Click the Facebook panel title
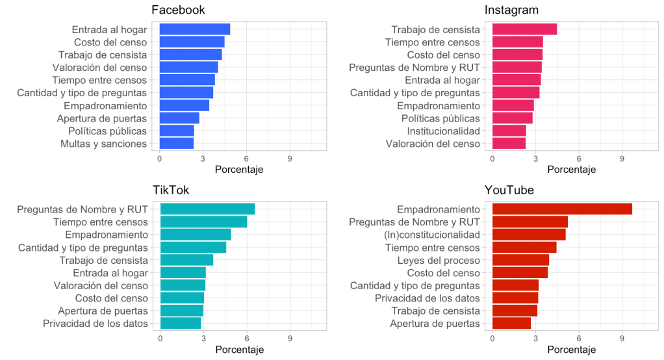pyautogui.click(x=178, y=10)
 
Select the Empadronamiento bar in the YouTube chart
pyautogui.click(x=562, y=209)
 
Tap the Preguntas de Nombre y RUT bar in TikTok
pyautogui.click(x=207, y=209)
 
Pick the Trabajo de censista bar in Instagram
pyautogui.click(x=524, y=29)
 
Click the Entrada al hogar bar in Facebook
pyautogui.click(x=194, y=29)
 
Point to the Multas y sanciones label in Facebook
pyautogui.click(x=103, y=144)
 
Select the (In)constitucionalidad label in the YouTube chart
pyautogui.click(x=431, y=235)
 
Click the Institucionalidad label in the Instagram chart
pyautogui.click(x=443, y=131)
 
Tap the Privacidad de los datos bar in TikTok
pyautogui.click(x=181, y=324)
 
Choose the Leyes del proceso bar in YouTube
pyautogui.click(x=520, y=260)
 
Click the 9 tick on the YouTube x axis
pyautogui.click(x=622, y=338)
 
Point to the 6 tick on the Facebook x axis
pyautogui.click(x=246, y=158)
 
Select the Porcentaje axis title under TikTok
pyautogui.click(x=239, y=350)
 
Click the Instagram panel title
pyautogui.click(x=511, y=10)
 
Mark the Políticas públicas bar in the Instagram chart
pyautogui.click(x=512, y=118)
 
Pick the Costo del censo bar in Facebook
pyautogui.click(x=192, y=42)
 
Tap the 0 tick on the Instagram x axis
pyautogui.click(x=492, y=158)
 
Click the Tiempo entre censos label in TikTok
pyautogui.click(x=100, y=222)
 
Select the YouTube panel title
pyautogui.click(x=509, y=190)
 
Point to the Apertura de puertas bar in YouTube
pyautogui.click(x=511, y=324)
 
